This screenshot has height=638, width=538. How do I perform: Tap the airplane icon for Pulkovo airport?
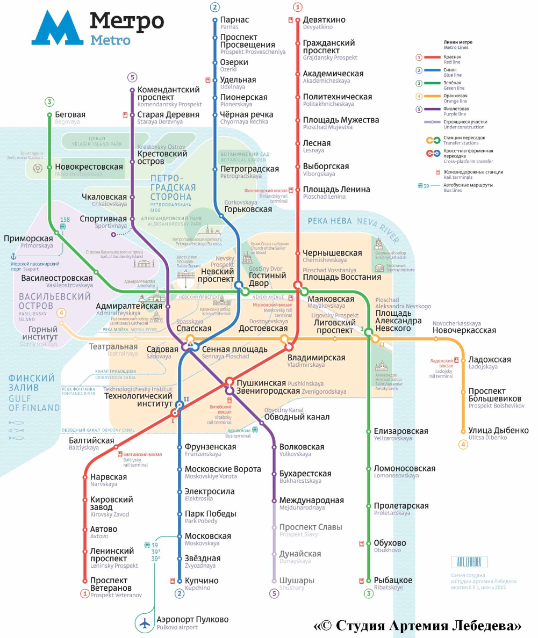pos(144,624)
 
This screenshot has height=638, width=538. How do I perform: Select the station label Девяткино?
pos(324,20)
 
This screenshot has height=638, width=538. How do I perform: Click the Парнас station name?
pos(234,20)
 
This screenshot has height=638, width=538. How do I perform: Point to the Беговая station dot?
pos(49,115)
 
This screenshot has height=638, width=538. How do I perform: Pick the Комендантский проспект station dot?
pos(132,90)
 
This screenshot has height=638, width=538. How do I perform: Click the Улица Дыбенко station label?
pos(498,431)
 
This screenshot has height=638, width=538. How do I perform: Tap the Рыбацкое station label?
pos(393,581)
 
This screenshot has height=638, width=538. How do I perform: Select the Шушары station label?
pos(297,581)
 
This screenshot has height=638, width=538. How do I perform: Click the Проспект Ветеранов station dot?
pos(84,581)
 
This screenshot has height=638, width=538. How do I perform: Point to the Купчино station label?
pos(202,581)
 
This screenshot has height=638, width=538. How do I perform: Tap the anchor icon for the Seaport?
pos(13,257)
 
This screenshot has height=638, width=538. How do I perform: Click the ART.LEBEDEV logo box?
pos(469,562)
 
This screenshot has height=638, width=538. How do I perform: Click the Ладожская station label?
pos(489,360)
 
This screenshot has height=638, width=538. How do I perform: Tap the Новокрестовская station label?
pos(89,167)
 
